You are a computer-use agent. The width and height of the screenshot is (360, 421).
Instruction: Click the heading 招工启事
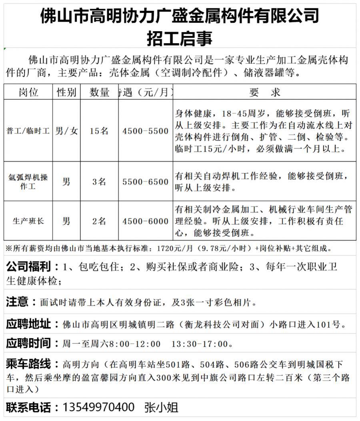click(180, 39)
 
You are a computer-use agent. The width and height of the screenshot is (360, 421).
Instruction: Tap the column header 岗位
click(28, 92)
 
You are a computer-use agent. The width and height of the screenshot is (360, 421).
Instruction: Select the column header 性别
click(66, 92)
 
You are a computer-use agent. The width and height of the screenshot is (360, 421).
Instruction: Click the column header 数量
click(99, 92)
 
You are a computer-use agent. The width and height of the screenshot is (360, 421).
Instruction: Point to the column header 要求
click(265, 92)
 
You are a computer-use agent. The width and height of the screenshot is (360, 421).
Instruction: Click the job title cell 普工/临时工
click(28, 131)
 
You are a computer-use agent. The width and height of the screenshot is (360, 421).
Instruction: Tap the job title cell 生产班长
click(28, 221)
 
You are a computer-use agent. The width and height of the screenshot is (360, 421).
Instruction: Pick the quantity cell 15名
click(99, 131)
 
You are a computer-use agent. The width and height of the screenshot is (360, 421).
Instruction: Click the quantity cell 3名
click(99, 182)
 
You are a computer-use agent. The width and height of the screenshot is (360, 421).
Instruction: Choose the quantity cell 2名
click(99, 221)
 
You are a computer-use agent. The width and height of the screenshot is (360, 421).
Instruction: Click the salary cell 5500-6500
click(146, 182)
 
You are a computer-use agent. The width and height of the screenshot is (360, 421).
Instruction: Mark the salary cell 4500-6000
click(146, 221)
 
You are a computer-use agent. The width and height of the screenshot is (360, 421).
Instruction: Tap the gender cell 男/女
click(66, 131)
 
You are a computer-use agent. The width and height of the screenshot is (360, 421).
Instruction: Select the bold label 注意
click(17, 301)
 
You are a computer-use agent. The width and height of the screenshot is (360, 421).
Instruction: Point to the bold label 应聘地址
click(28, 323)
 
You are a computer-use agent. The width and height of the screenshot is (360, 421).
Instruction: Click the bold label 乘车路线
click(28, 364)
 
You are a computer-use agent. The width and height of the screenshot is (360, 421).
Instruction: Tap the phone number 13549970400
click(98, 407)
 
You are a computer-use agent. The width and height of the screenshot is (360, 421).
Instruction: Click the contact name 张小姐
click(161, 407)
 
